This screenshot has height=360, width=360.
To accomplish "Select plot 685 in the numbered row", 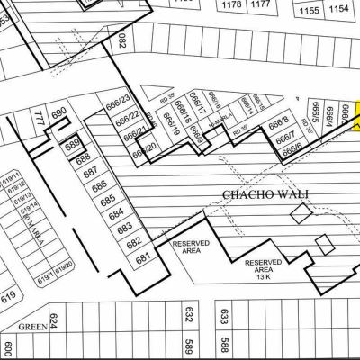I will pos(107,201).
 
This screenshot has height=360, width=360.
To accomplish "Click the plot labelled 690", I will pos(59,113).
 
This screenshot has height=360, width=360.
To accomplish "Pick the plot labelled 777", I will pos(38,117).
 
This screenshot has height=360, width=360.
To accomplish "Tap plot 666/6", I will pos(292,152).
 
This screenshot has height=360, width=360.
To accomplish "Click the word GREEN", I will pos(32,327).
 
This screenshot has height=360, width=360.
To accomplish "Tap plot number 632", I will pos(189,315).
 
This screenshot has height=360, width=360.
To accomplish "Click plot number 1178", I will pos(231,4).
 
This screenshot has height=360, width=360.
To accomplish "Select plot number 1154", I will pos(339,9).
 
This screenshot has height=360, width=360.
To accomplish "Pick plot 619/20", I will pos(64,267).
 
